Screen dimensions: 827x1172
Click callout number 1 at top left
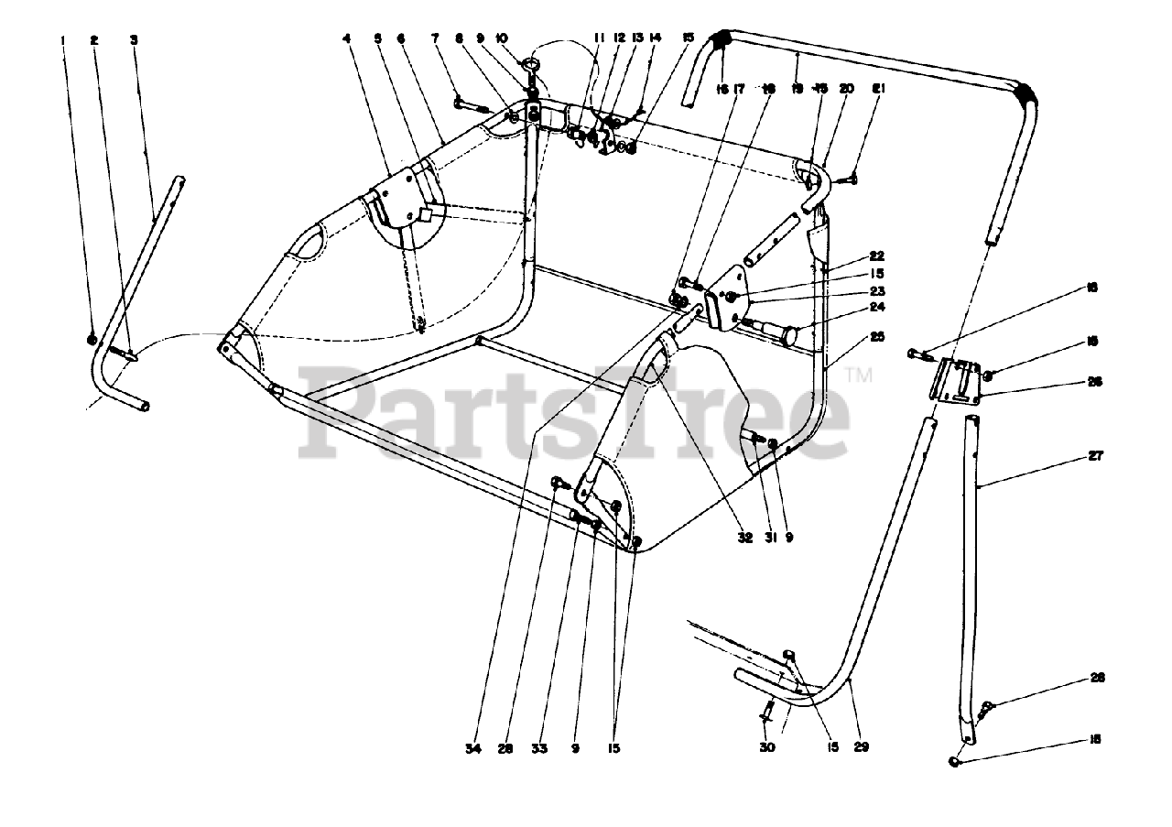(x=64, y=40)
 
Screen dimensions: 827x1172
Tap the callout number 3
(x=134, y=40)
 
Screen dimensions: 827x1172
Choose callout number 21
(x=877, y=89)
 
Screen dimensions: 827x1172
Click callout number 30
(x=767, y=747)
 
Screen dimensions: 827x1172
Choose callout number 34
(x=472, y=748)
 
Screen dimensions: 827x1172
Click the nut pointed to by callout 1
(x=92, y=340)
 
